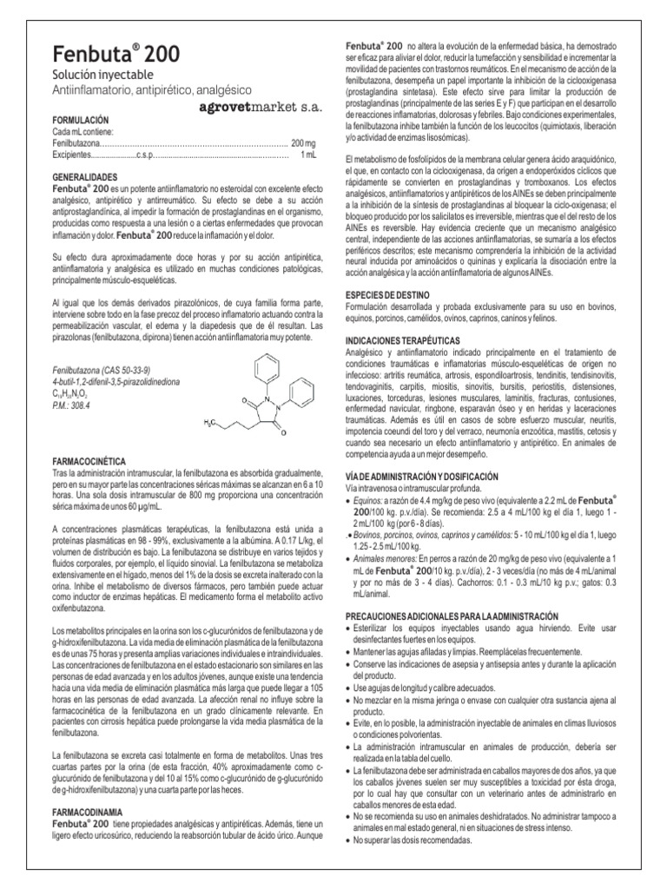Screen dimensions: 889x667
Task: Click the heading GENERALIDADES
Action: (x=87, y=175)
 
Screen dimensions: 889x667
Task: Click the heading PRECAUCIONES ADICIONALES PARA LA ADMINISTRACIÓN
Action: (x=447, y=616)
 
